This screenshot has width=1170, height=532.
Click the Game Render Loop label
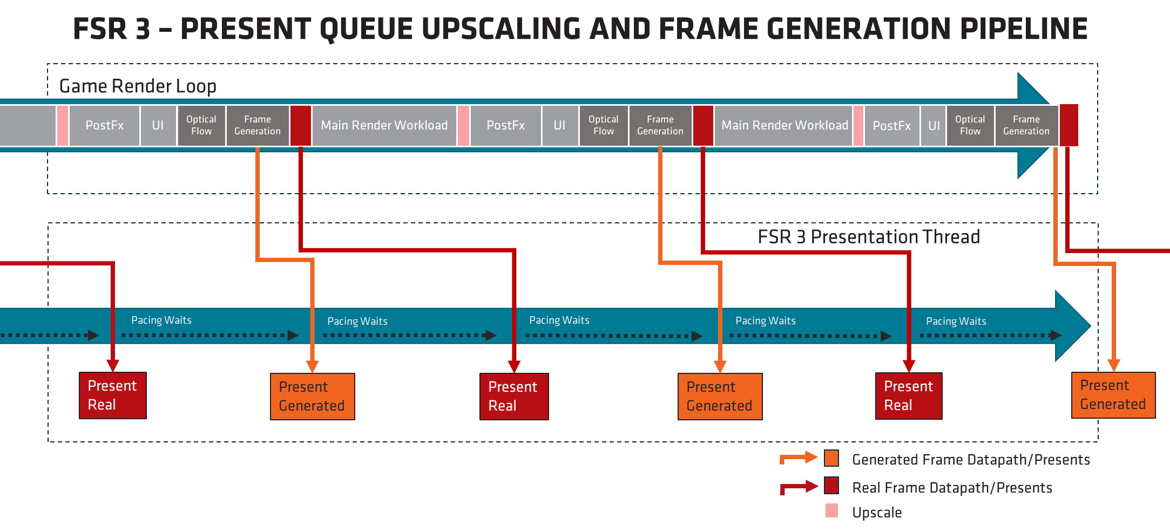[138, 86]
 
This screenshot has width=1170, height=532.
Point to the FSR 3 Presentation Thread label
[868, 237]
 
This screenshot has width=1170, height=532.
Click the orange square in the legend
[831, 458]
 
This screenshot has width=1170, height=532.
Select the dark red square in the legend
[831, 485]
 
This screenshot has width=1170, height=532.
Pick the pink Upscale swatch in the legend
[831, 510]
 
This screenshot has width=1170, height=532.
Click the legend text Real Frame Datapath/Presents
[952, 488]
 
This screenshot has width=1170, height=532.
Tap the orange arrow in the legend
[798, 458]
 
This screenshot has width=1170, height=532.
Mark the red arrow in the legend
[798, 487]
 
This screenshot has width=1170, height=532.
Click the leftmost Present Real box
[112, 395]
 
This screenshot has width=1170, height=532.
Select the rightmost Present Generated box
[1113, 395]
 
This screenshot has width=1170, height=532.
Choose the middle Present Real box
[513, 396]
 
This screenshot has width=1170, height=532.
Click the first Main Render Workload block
[384, 125]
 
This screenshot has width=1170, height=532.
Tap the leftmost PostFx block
[104, 125]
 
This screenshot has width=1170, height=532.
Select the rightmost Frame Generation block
[1026, 125]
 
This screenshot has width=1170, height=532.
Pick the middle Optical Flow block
[603, 125]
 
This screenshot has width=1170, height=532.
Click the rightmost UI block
[934, 125]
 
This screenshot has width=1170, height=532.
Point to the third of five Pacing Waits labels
[559, 320]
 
